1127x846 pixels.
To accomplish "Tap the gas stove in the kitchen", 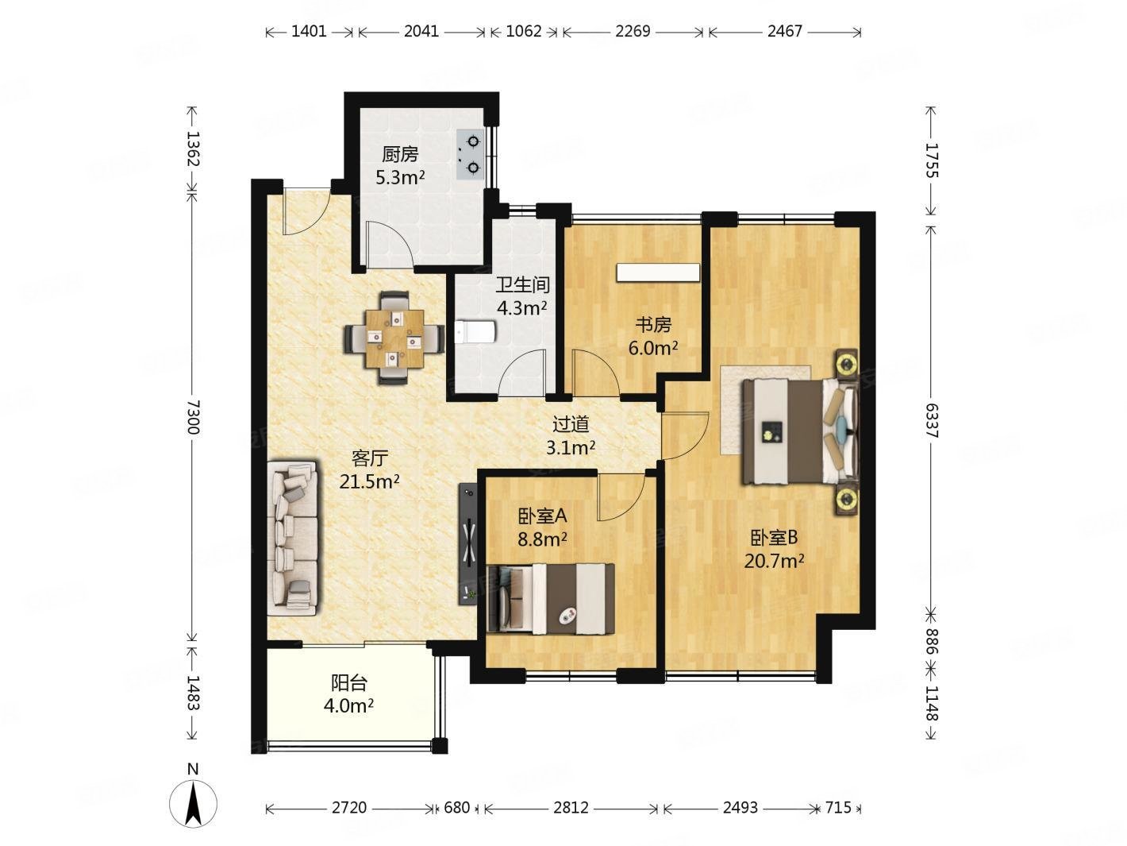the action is [x=470, y=154].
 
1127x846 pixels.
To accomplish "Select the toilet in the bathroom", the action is [x=475, y=332].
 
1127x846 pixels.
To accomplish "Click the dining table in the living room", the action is [x=394, y=338].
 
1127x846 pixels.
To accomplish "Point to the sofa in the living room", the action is [x=291, y=538].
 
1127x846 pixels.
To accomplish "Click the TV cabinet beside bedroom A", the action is [x=467, y=544].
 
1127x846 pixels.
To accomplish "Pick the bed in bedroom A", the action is [x=551, y=599].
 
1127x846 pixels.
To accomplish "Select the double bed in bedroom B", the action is [x=800, y=431].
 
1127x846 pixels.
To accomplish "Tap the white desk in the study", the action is [x=658, y=272].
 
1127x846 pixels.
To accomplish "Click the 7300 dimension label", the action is [x=193, y=417].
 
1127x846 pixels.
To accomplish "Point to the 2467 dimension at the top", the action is [x=785, y=31].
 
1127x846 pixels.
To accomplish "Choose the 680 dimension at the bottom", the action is [x=456, y=808].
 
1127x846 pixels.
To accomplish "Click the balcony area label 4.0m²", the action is [x=348, y=705].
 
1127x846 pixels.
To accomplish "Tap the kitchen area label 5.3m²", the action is [x=400, y=178].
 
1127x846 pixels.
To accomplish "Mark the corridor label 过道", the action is [x=571, y=424].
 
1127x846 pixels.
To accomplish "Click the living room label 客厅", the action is [x=369, y=458].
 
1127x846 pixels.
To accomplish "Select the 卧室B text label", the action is [x=775, y=538].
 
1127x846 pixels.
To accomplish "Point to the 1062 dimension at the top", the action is [x=524, y=31].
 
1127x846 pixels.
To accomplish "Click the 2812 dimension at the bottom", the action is [x=571, y=808].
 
